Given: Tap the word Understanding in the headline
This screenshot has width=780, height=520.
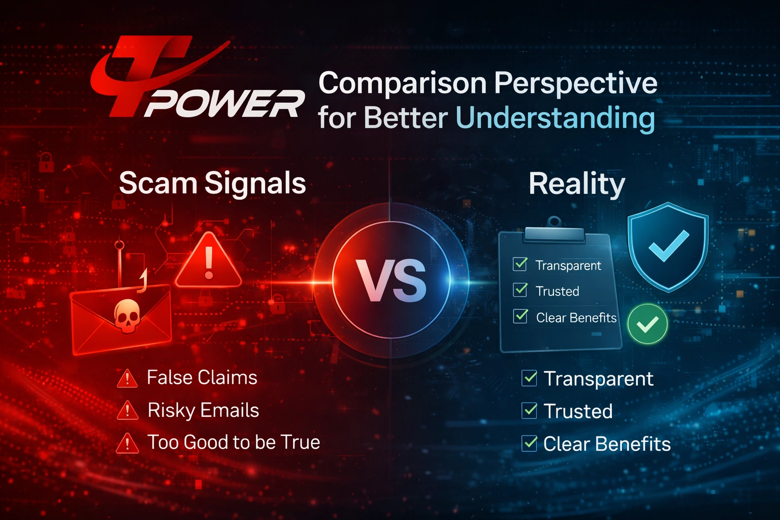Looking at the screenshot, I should pos(555,118).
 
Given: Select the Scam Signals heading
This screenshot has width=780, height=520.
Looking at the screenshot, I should pos(212,183).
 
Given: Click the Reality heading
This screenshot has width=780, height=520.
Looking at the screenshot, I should pos(576,184).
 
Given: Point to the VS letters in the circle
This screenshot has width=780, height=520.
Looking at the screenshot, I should pos(391,281).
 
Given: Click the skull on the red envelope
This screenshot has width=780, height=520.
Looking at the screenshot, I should pos(126,315).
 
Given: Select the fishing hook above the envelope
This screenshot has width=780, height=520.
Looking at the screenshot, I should pos(120,254).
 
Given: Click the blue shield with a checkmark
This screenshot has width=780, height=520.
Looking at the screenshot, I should pos(668,246).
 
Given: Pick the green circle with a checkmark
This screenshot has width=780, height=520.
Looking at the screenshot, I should pos(647,324).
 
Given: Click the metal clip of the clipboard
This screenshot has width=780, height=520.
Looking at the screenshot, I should pos(554,233).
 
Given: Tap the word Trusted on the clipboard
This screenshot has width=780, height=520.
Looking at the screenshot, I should pos(557,291).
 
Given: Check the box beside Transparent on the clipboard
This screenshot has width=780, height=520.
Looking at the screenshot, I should pos(520,264).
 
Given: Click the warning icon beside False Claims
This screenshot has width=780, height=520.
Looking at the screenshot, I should pos(127,378).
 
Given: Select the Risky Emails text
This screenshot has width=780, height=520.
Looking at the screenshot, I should pos(203,410).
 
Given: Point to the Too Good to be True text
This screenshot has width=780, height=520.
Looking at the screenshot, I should pos(234,442).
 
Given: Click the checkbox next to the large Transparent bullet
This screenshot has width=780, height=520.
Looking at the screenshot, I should pos(529,378).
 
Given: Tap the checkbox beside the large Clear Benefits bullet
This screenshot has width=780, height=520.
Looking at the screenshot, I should pos(529,443).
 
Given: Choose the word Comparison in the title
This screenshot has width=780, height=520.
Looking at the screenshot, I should pos(402,83).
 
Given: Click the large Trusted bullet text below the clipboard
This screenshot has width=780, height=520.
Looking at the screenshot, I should pos(578,411).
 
